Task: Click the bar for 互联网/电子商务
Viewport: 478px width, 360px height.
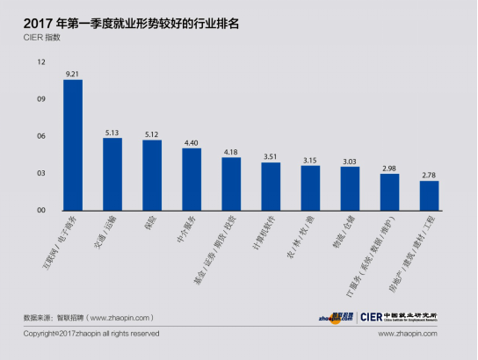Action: (x=73, y=145)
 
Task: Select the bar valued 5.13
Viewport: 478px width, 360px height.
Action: (x=112, y=174)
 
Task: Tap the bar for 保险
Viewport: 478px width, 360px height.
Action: (x=152, y=175)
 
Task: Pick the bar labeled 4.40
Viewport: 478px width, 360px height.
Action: (x=192, y=179)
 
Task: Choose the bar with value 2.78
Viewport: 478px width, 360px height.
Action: (x=429, y=195)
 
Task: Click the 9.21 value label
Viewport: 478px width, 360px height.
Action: (x=73, y=74)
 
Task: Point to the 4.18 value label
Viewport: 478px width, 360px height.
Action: (x=231, y=152)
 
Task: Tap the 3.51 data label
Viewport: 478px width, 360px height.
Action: (x=271, y=156)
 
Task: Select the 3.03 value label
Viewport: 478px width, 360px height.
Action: (x=350, y=161)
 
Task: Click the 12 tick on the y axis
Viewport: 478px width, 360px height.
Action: (x=41, y=62)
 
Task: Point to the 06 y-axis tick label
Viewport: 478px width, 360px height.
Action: (x=41, y=136)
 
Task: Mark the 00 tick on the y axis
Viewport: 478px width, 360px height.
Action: (x=41, y=211)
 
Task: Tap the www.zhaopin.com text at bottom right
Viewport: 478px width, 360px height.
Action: (x=408, y=334)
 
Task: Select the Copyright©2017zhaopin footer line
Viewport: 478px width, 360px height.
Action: (x=91, y=334)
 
